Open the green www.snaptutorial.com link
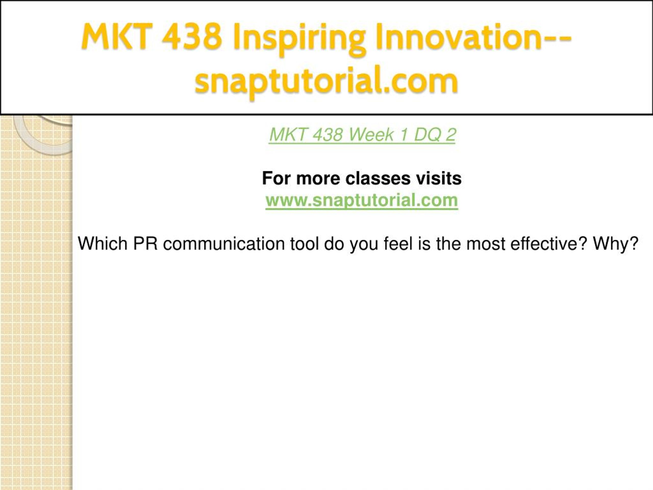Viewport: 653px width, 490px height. pos(362,200)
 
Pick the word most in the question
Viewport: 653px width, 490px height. pos(486,244)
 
